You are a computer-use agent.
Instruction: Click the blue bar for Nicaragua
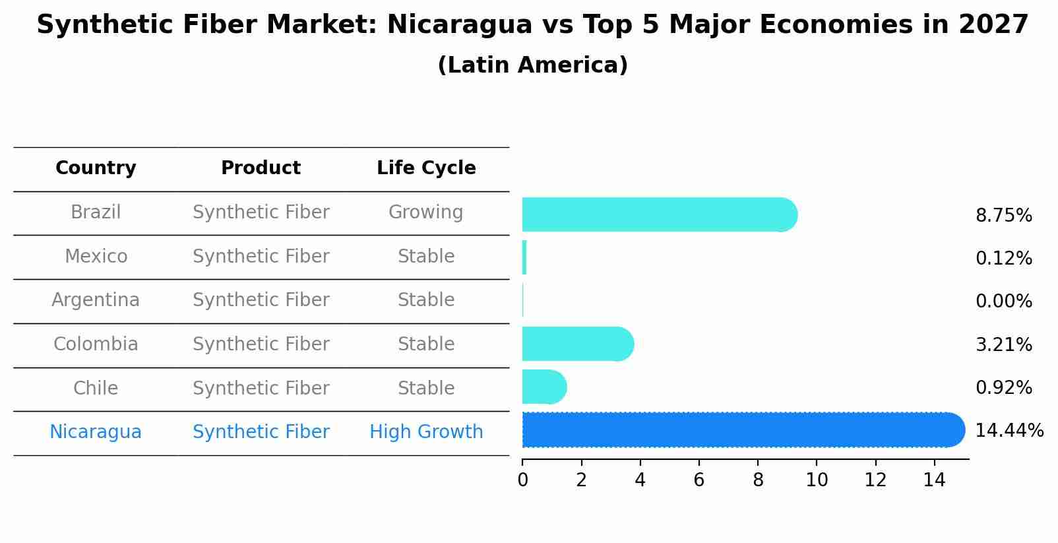743,430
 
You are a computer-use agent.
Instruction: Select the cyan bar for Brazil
660,214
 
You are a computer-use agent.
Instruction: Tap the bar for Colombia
578,344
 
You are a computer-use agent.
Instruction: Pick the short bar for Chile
545,387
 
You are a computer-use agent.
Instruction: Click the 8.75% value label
1004,216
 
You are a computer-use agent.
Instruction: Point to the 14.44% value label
1009,431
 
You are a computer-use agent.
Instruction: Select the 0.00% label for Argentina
1004,301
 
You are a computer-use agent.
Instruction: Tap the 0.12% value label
1004,259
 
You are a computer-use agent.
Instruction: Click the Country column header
96,168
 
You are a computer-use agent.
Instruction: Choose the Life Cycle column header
426,168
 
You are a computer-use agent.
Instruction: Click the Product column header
261,168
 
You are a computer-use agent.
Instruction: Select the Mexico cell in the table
96,256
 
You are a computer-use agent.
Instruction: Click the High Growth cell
426,431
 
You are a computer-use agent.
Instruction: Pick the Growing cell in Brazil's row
425,212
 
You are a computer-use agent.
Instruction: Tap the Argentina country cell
96,300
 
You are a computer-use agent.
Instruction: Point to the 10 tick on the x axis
817,480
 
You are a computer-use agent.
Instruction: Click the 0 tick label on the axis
522,480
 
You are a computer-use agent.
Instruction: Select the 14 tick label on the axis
934,480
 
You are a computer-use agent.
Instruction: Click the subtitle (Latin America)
533,65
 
